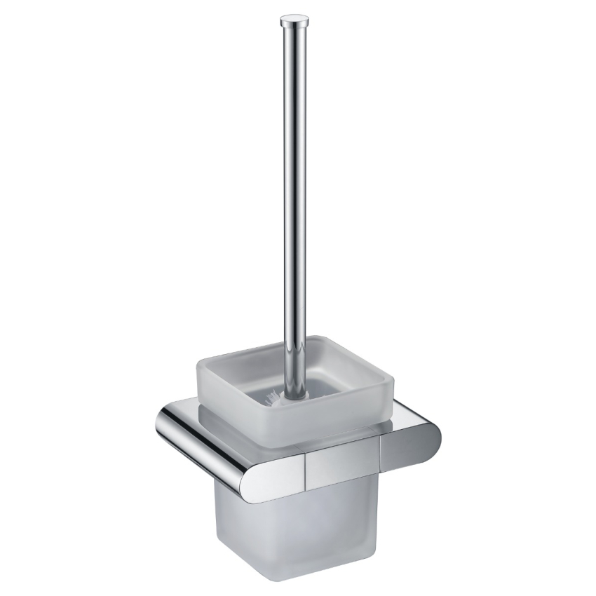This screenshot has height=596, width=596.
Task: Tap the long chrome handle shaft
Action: [x=293, y=175]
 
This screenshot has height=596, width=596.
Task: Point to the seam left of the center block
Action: [x=306, y=466]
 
